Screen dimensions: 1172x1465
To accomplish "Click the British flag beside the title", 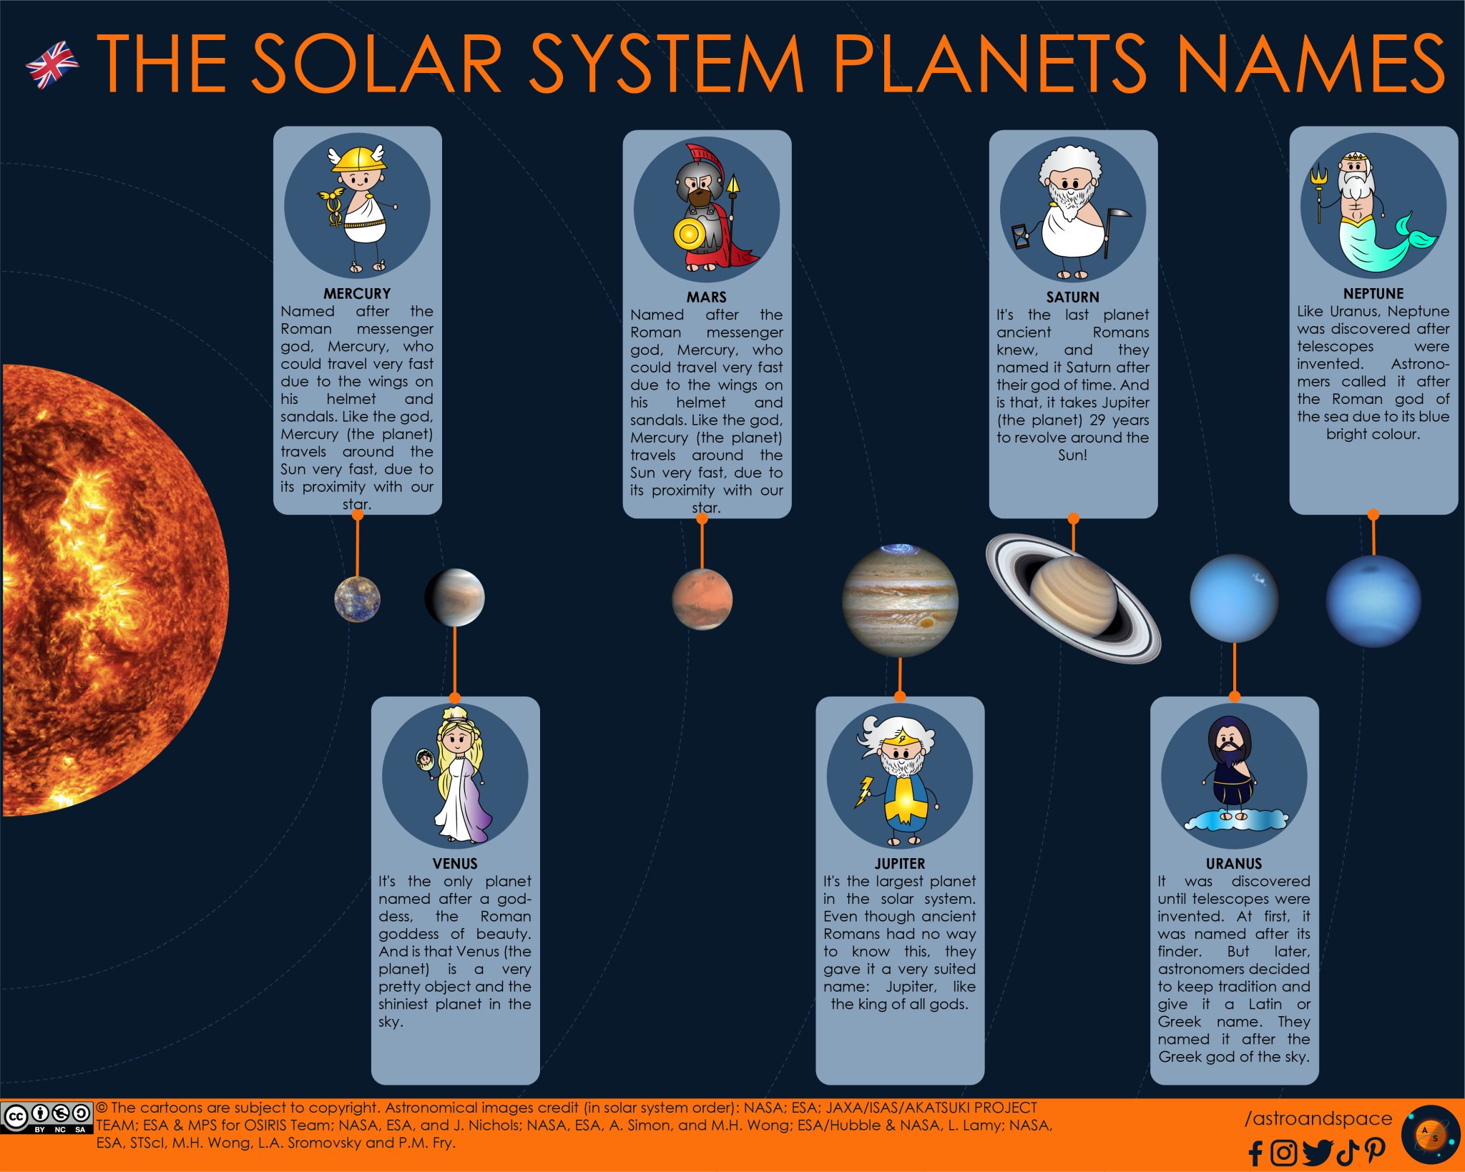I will point(52,64).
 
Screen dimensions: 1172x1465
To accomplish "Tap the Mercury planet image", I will point(357,599).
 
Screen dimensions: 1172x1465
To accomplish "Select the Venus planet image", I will point(455,597).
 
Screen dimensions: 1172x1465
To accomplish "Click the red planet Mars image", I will point(702,599).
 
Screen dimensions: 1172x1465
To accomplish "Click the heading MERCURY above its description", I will point(357,294).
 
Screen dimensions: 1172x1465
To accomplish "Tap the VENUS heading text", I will point(455,864).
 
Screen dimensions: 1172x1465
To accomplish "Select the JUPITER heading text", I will point(900,864).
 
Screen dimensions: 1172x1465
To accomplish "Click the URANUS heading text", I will point(1234,864).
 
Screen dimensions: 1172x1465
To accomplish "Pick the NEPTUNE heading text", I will point(1373,294).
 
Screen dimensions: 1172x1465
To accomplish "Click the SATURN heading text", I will point(1072,297).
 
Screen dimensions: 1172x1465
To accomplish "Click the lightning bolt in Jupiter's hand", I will point(865,791).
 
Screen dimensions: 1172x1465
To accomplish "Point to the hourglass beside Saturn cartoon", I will point(1021,237).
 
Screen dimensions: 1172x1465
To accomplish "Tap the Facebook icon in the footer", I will point(1255,1153).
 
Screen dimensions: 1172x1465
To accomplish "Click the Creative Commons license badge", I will point(46,1118).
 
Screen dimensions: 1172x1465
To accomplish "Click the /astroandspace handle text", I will point(1318,1118).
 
